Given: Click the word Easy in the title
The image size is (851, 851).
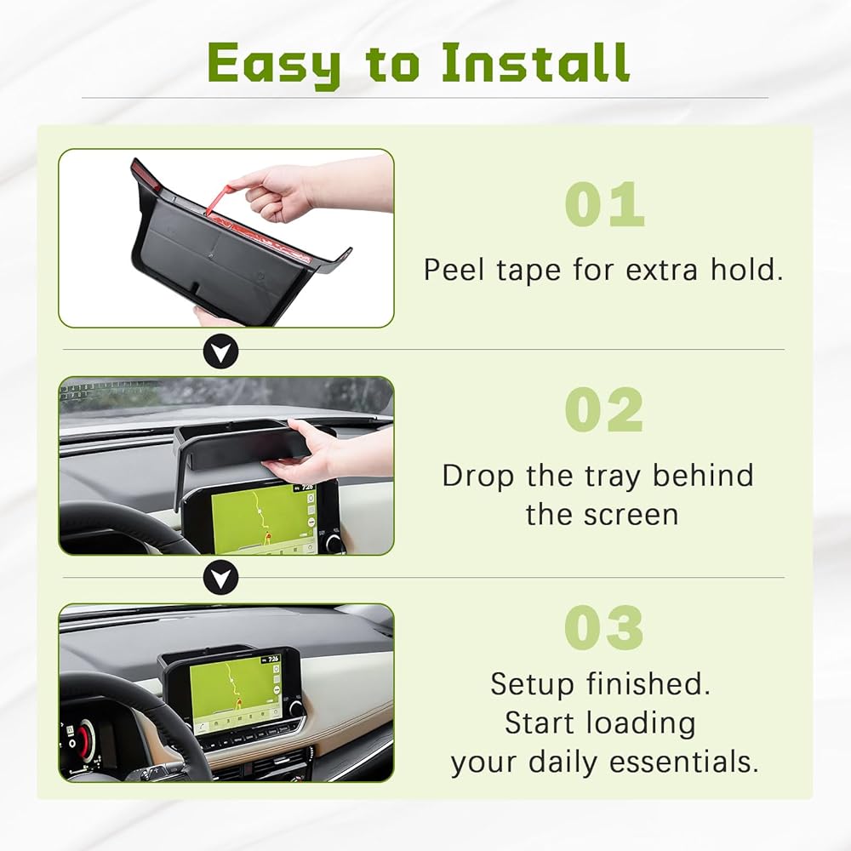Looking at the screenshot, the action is (x=274, y=65).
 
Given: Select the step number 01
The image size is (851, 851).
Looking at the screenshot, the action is (x=604, y=204).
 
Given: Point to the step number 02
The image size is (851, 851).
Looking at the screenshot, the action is (x=604, y=410).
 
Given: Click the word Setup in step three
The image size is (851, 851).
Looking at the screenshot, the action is (x=534, y=685).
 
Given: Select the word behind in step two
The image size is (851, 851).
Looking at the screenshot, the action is (x=703, y=476).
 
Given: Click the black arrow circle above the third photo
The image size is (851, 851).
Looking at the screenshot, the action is (x=220, y=579).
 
